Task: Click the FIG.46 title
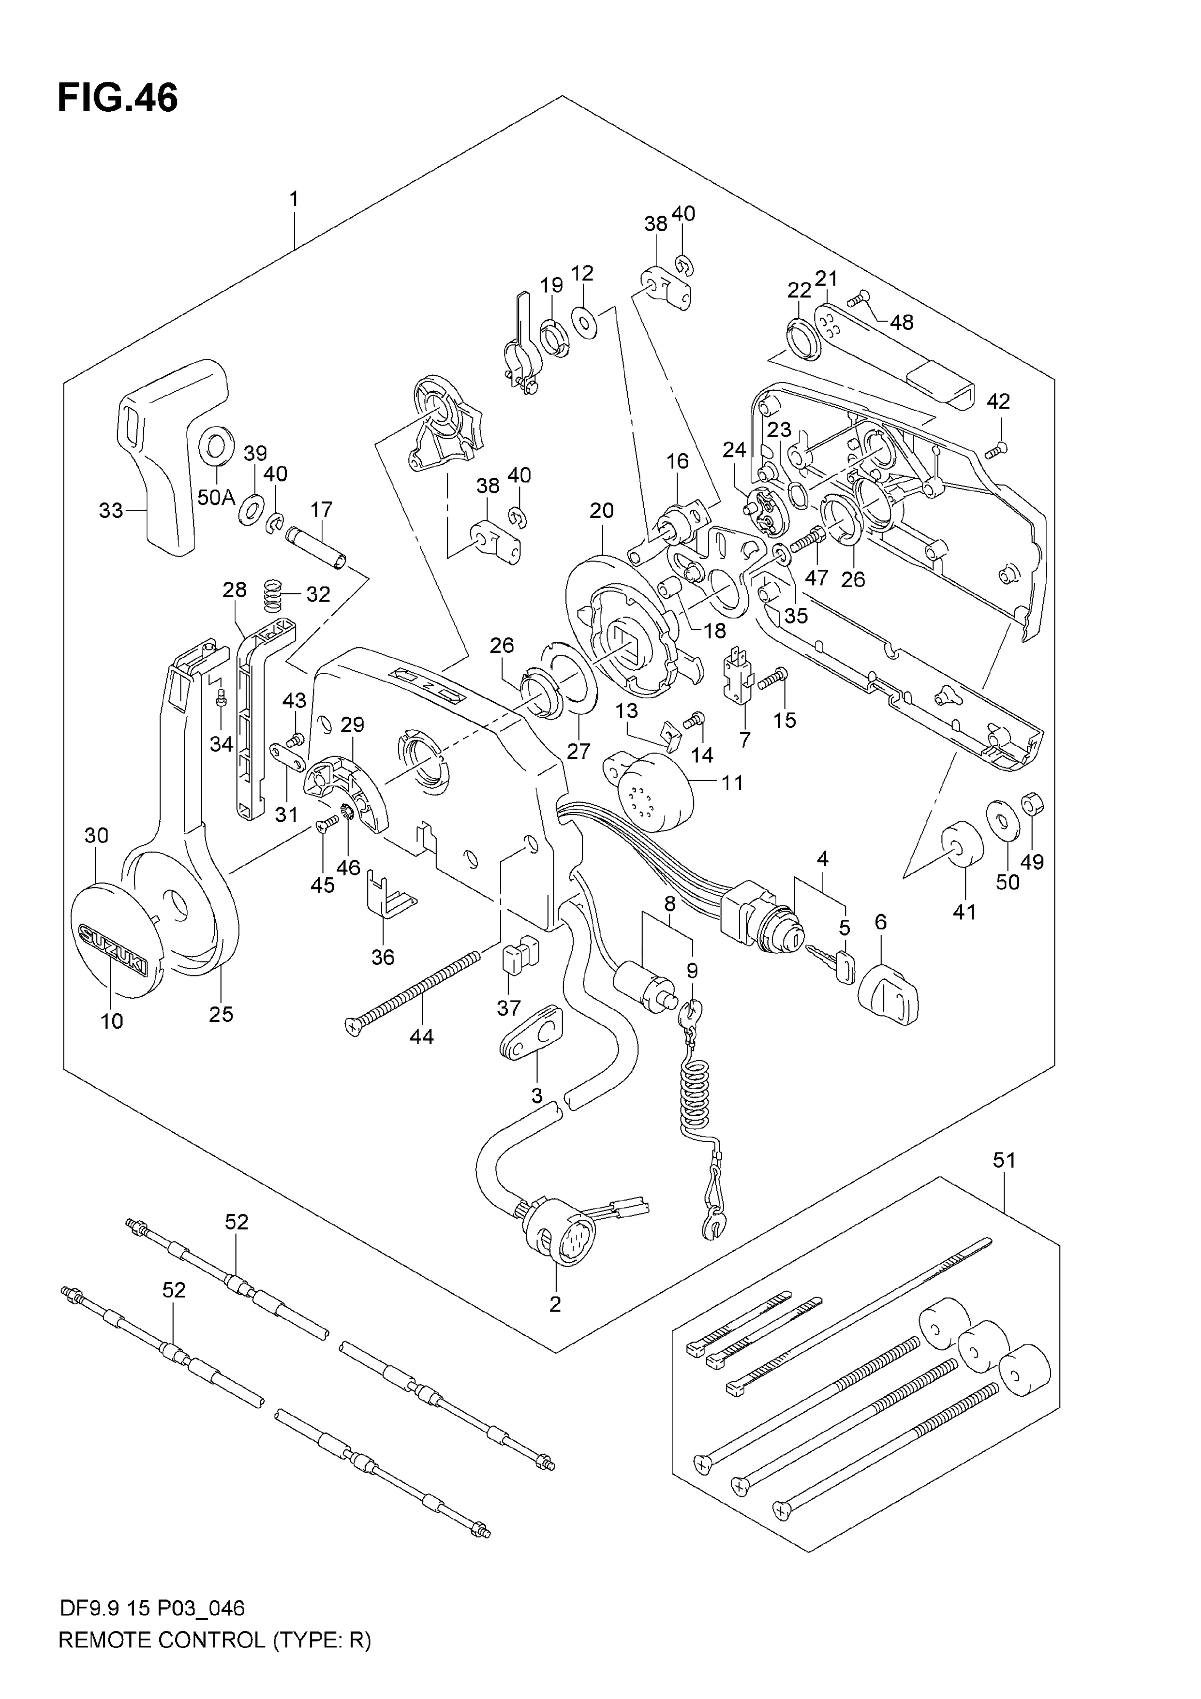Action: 118,98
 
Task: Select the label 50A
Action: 216,497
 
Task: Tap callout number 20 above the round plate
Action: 602,511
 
